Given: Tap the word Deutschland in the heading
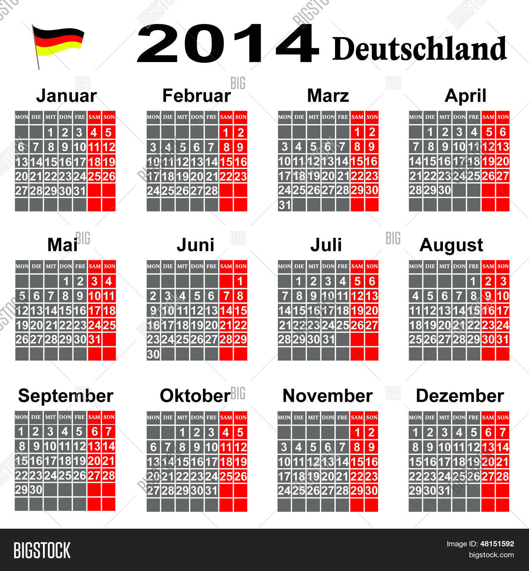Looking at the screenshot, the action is (419, 49).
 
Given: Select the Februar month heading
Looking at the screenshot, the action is (196, 96).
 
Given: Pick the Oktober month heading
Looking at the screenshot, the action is (195, 395).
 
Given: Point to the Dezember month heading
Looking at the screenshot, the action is (460, 395).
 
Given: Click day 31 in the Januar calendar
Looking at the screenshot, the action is (80, 191).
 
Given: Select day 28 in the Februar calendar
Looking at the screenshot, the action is (211, 191).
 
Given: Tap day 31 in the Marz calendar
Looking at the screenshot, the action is (285, 205).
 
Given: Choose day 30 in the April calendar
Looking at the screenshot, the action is (445, 190).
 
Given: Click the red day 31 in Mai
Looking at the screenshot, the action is (95, 339).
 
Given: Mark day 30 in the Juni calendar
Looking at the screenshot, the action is (153, 354).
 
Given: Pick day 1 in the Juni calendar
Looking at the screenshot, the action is (241, 281).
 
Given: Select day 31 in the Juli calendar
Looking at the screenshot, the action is (328, 339).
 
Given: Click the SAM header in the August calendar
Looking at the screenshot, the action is (488, 266).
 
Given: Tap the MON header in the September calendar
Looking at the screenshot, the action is (22, 417).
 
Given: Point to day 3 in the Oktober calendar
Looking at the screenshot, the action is (211, 432).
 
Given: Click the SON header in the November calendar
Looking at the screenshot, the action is (371, 417).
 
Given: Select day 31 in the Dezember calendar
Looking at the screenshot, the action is (444, 490).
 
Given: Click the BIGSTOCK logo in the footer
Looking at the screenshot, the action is (42, 550).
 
